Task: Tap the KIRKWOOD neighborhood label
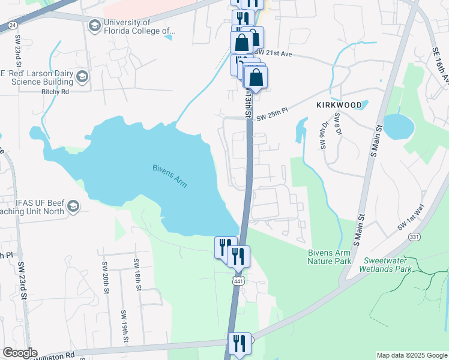(x=339, y=105)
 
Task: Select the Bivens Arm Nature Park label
(x=329, y=257)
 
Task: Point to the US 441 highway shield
(x=238, y=281)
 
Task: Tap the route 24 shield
(x=12, y=25)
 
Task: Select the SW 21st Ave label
(x=274, y=54)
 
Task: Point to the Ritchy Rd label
(x=55, y=92)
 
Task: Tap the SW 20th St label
(x=104, y=274)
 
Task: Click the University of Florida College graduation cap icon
(x=94, y=25)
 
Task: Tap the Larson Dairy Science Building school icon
(x=82, y=76)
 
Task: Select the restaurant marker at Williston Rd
(x=238, y=344)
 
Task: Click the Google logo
(x=20, y=353)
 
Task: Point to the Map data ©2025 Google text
(x=411, y=355)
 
